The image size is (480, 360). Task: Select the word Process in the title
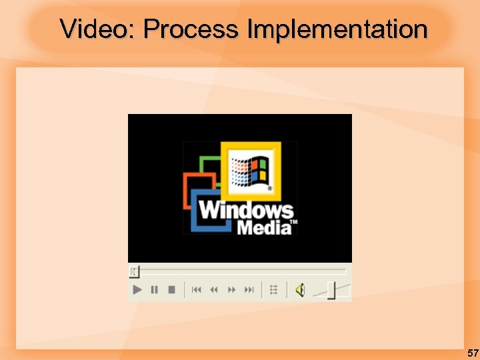[x=190, y=29]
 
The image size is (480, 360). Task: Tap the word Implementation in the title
[x=337, y=29]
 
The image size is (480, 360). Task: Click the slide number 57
[x=472, y=353]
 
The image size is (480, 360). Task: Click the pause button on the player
[x=155, y=289]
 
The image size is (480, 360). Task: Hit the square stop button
[x=171, y=289]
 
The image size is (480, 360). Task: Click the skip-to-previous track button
[x=197, y=289]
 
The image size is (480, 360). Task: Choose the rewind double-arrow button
[x=214, y=289]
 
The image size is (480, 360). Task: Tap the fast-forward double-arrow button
[x=232, y=289]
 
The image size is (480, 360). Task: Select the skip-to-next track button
[x=249, y=289]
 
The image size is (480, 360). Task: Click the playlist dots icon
[x=273, y=289]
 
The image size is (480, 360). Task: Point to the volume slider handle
[x=331, y=291]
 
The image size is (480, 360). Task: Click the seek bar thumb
[x=134, y=271]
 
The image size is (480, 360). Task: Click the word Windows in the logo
[x=245, y=211]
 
